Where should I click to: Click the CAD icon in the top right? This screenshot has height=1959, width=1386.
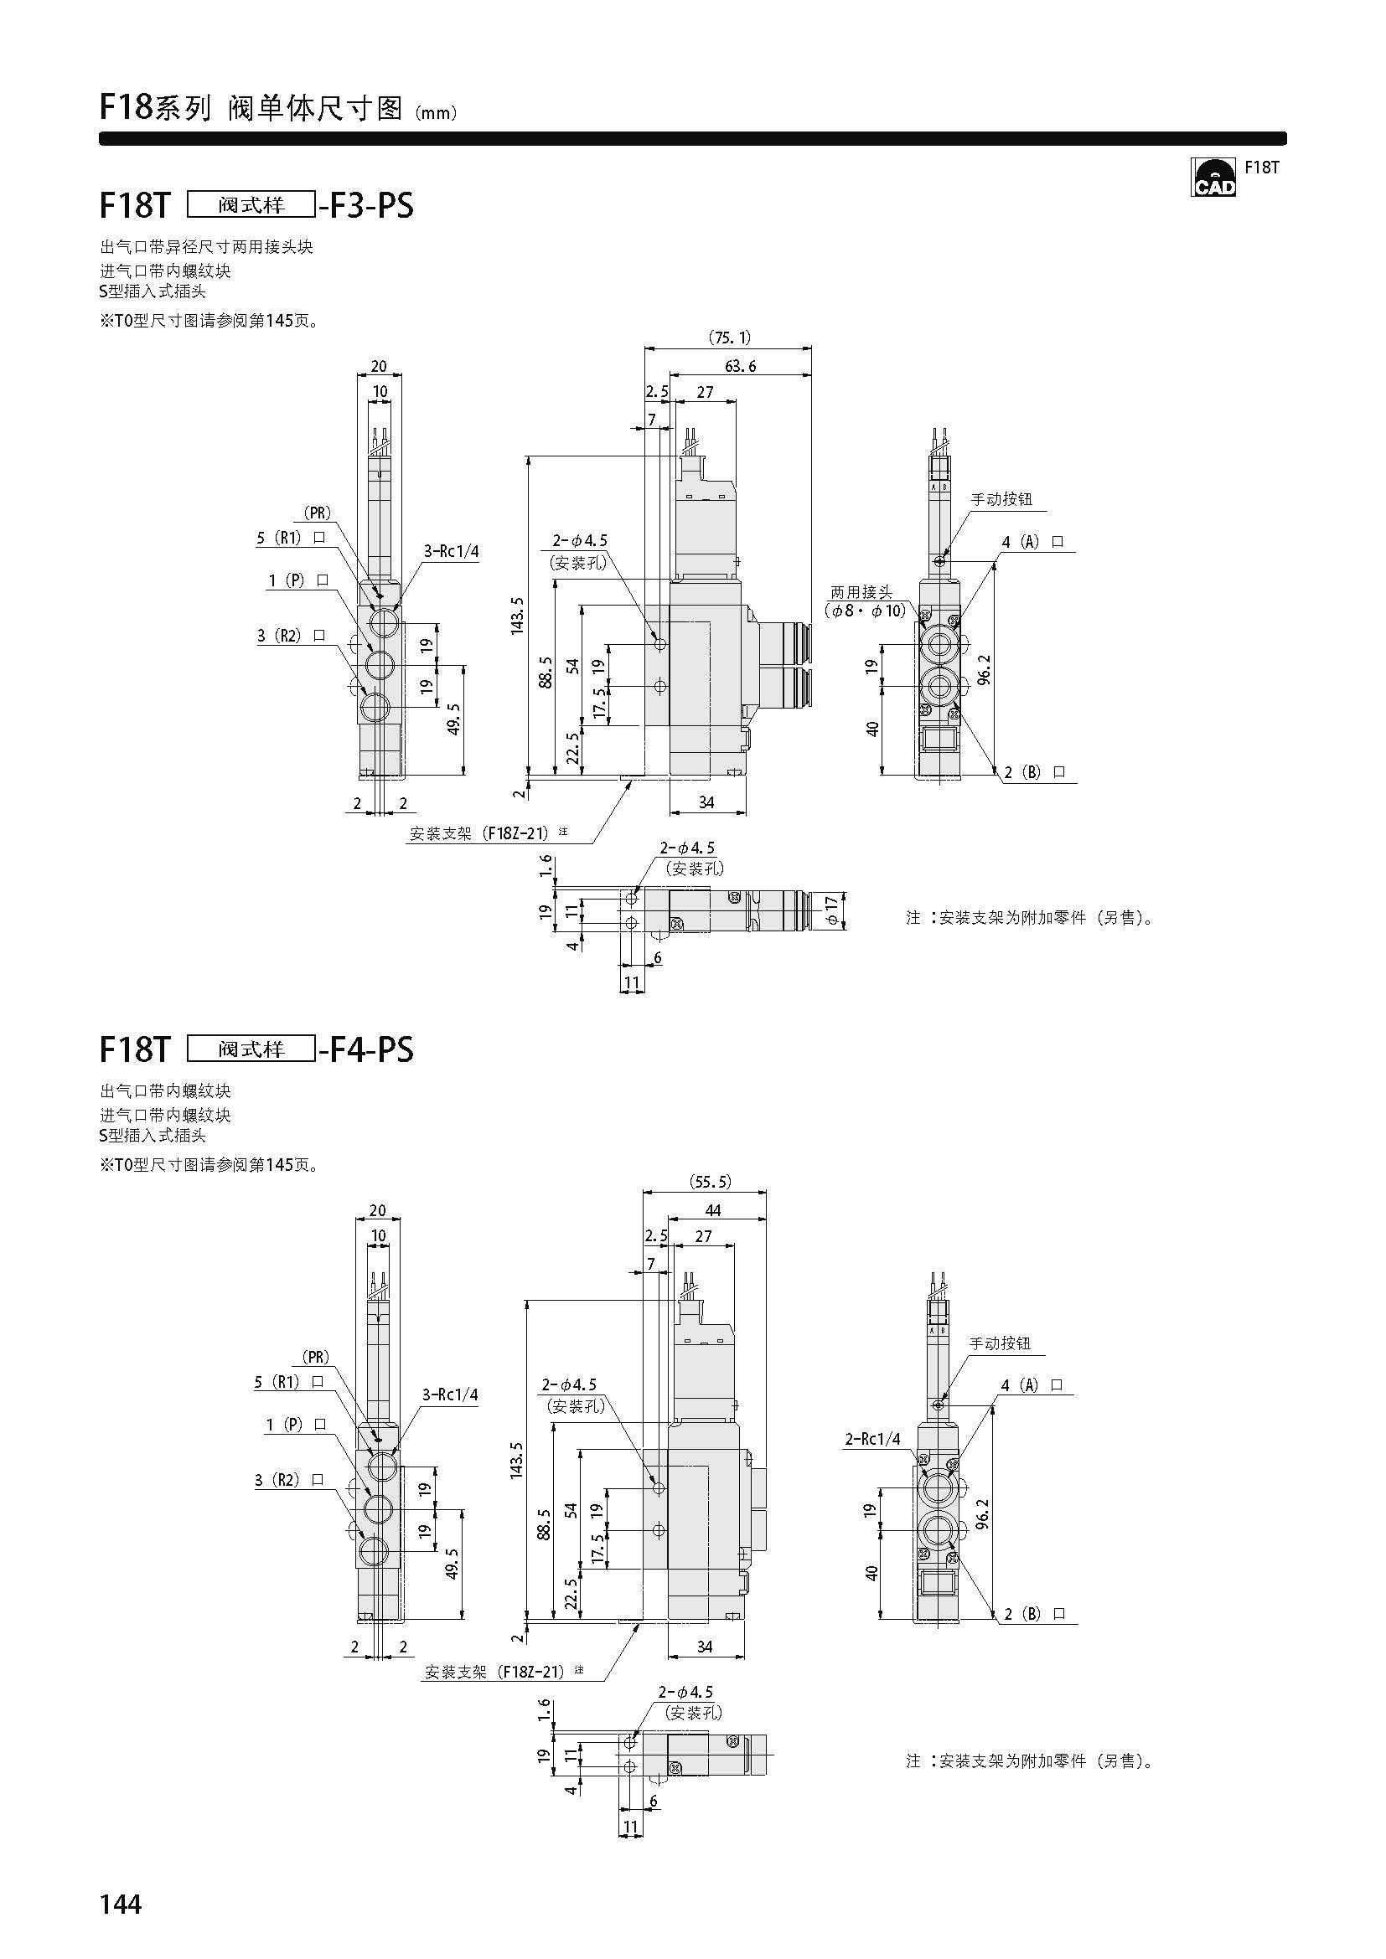[1213, 177]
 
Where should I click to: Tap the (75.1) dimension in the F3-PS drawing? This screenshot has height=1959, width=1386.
[730, 338]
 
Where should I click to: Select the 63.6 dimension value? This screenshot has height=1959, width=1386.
[740, 366]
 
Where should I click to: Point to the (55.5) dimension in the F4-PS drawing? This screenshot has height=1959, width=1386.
[710, 1182]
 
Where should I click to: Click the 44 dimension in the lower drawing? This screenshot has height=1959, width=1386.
[713, 1210]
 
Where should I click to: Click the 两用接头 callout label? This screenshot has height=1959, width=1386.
[862, 591]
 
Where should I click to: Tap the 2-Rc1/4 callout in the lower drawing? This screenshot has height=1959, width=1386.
[872, 1440]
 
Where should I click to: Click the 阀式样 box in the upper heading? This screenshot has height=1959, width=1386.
[251, 204]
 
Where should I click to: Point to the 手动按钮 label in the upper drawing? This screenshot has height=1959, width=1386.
[1002, 499]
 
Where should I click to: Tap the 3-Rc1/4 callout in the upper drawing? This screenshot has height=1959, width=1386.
[452, 551]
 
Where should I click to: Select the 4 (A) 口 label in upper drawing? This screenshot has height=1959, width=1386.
[1032, 542]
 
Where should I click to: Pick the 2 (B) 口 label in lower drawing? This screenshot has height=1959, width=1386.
[1034, 1613]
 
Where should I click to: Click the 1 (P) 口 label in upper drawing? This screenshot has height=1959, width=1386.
[297, 580]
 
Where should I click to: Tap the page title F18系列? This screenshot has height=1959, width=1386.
[154, 107]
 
